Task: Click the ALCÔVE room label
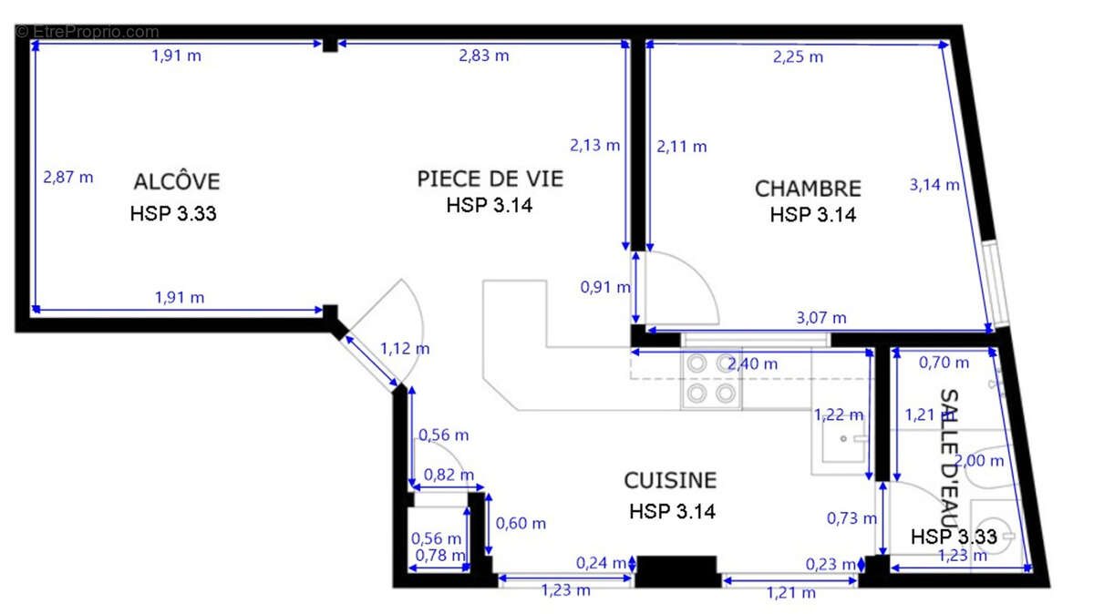click(x=177, y=180)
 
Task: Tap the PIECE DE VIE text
click(x=490, y=179)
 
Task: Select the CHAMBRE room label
click(x=808, y=189)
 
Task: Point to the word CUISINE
click(x=670, y=480)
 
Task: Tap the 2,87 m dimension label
click(x=68, y=177)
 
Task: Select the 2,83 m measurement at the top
click(x=483, y=56)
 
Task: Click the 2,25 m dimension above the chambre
click(x=798, y=56)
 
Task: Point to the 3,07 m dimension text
click(x=820, y=318)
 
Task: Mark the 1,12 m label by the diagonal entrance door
click(x=405, y=348)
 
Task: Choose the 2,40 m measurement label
click(x=753, y=363)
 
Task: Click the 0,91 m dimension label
click(x=605, y=288)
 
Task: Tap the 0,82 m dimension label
click(x=449, y=475)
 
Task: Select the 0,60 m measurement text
click(x=521, y=523)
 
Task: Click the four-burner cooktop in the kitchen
click(x=711, y=379)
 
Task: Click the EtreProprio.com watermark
click(x=88, y=32)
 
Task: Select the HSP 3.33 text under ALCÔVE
click(x=173, y=215)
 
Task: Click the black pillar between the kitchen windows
click(x=676, y=570)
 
